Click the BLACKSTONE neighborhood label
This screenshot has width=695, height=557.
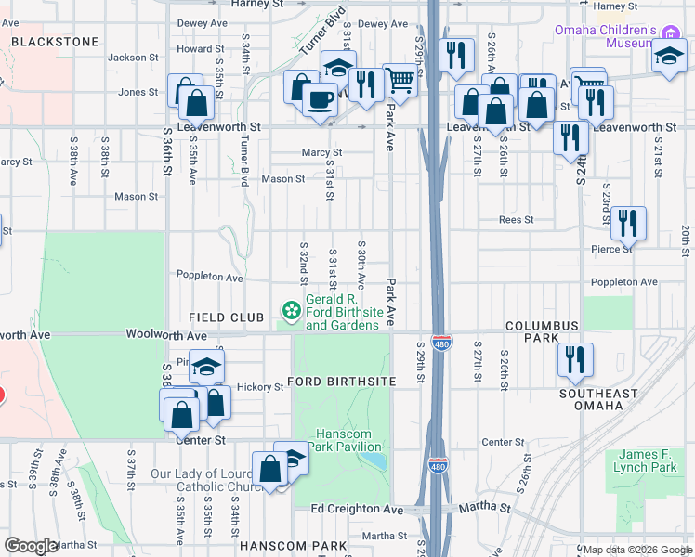click(54, 42)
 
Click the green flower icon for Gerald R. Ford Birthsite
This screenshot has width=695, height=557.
click(292, 308)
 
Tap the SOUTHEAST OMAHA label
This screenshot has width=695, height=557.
click(598, 399)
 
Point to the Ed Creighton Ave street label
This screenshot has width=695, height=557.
click(358, 509)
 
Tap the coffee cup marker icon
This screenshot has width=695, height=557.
click(321, 97)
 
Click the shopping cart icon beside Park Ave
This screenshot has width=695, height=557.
click(400, 81)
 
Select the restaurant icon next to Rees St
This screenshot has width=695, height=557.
click(628, 223)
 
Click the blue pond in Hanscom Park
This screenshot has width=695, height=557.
click(372, 460)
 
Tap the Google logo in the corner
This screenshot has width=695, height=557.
click(32, 546)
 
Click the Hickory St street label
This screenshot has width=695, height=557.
click(259, 386)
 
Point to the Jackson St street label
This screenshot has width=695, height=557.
click(128, 57)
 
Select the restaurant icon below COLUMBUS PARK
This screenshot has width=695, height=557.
click(575, 358)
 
